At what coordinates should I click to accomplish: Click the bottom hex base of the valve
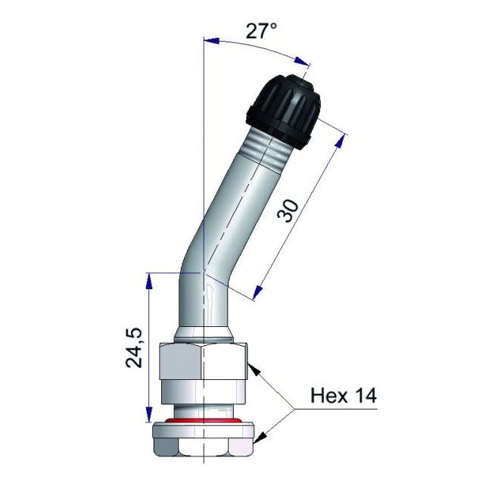pyautogui.click(x=203, y=440)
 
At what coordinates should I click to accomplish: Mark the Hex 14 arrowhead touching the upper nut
pyautogui.click(x=254, y=367)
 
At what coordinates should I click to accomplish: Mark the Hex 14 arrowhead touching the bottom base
pyautogui.click(x=260, y=437)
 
